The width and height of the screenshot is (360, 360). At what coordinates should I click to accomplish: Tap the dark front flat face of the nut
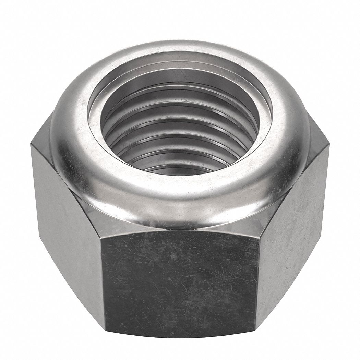coord(180,281)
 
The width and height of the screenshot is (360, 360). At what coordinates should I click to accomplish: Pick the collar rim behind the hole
coord(180,48)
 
